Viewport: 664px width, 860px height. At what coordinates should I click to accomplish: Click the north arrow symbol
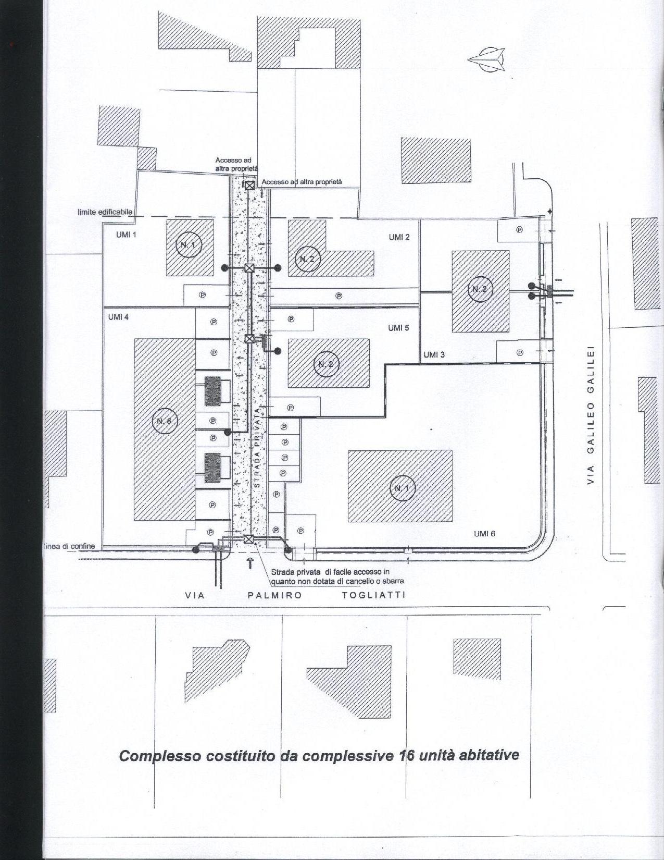pyautogui.click(x=487, y=58)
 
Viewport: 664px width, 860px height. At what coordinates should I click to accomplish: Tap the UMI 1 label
pyautogui.click(x=126, y=235)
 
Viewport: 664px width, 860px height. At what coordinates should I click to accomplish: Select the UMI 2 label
pyautogui.click(x=399, y=238)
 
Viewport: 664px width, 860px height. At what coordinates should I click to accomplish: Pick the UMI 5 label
pyautogui.click(x=398, y=328)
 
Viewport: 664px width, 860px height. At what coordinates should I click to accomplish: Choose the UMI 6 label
pyautogui.click(x=484, y=534)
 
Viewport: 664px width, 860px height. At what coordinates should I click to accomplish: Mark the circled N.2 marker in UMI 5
pyautogui.click(x=327, y=364)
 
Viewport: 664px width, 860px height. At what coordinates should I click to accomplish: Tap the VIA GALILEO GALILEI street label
pyautogui.click(x=591, y=414)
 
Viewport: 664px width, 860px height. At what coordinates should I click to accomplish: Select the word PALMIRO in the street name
pyautogui.click(x=274, y=595)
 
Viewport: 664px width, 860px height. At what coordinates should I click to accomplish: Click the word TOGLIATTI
pyautogui.click(x=373, y=595)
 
